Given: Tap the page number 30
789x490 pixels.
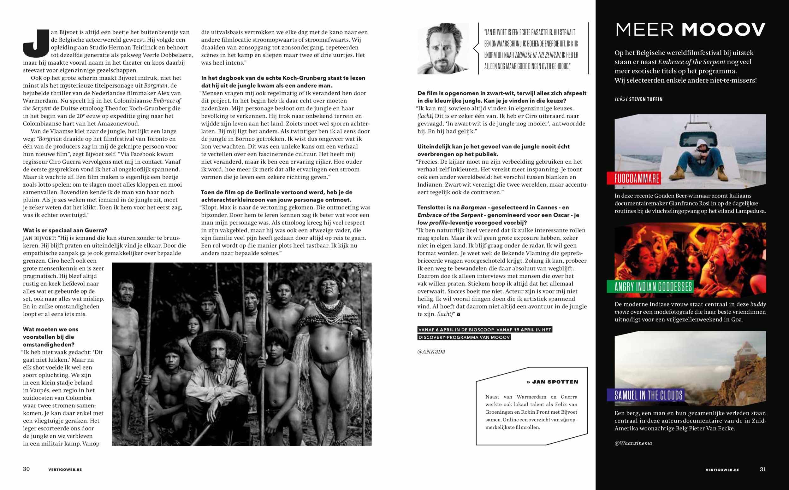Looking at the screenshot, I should pyautogui.click(x=26, y=469).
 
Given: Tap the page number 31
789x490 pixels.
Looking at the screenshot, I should pyautogui.click(x=763, y=469).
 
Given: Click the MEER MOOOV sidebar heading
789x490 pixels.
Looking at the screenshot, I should pyautogui.click(x=691, y=30).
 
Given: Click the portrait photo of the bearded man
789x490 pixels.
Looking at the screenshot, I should pyautogui.click(x=443, y=49).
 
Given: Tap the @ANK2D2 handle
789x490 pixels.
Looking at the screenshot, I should pyautogui.click(x=431, y=352).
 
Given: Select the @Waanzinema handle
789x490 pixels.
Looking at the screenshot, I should pyautogui.click(x=633, y=443).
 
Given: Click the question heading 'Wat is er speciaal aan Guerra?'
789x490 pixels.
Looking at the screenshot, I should pyautogui.click(x=65, y=230).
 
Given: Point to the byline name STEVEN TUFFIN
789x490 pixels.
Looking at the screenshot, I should pyautogui.click(x=646, y=99).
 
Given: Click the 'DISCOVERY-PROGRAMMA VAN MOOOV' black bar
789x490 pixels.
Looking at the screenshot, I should pyautogui.click(x=464, y=337).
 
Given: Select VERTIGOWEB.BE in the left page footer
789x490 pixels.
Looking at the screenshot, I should pyautogui.click(x=65, y=470).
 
